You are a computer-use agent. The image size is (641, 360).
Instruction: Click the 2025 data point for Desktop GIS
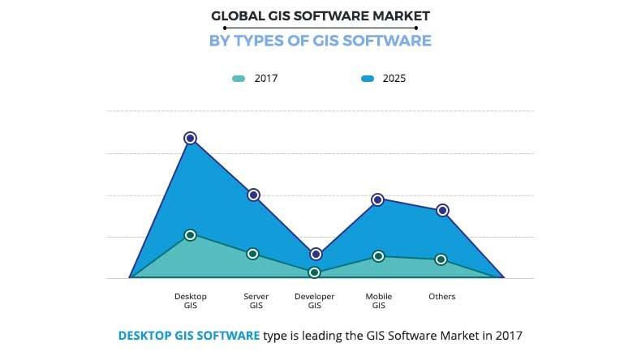coord(190,138)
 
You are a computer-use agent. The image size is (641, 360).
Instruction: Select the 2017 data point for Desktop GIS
coord(190,235)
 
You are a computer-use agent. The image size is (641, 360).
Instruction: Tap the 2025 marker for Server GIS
coord(253,195)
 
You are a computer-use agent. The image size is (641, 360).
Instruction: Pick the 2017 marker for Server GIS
coord(253,254)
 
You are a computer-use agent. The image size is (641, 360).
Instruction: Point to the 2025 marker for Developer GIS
coord(316,254)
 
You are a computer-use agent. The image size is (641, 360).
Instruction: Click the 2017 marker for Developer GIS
coord(316,272)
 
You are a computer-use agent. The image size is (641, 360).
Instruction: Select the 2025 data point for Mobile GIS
coord(378,199)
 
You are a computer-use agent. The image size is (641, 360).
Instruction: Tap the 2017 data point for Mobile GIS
coord(378,256)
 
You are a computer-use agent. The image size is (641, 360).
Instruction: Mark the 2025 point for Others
coord(442,210)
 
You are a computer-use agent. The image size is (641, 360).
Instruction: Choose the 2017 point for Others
coord(441,259)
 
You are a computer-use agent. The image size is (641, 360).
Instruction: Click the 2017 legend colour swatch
coord(239,79)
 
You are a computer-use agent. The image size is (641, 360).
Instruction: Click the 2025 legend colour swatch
coord(368,79)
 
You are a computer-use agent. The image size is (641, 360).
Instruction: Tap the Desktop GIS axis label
coord(190,301)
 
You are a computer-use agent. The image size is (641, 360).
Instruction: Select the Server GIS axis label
coord(256,301)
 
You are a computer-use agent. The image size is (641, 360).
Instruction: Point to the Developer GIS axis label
coord(315,301)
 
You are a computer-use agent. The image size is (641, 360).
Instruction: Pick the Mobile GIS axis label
coord(379,301)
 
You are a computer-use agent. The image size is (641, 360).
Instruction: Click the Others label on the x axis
coord(442,297)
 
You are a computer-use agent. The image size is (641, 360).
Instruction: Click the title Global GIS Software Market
coord(320,15)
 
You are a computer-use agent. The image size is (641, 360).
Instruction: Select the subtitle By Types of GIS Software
coord(320,41)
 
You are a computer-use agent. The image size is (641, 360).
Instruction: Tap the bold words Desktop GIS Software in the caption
coord(189,335)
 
